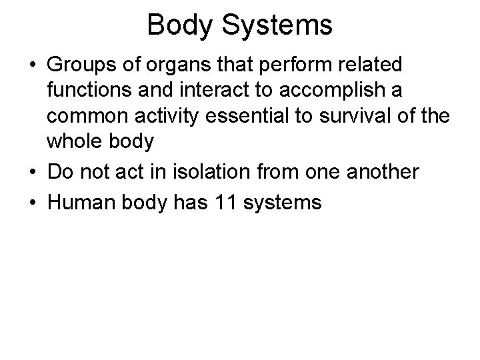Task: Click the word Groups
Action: (x=77, y=65)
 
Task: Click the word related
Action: (x=371, y=65)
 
